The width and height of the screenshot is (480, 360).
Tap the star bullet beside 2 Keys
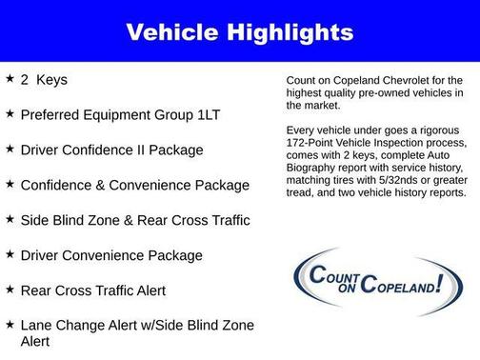[x=9, y=78]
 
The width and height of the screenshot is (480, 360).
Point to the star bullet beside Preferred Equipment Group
[x=9, y=113]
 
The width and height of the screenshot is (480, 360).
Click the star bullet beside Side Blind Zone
[x=9, y=219]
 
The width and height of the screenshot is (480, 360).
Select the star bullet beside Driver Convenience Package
[x=9, y=254]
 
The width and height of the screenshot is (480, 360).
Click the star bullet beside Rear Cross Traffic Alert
[x=9, y=290]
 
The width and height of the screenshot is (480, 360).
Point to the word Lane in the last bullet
[x=39, y=325]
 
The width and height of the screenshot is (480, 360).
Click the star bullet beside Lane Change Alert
[x=9, y=325]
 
